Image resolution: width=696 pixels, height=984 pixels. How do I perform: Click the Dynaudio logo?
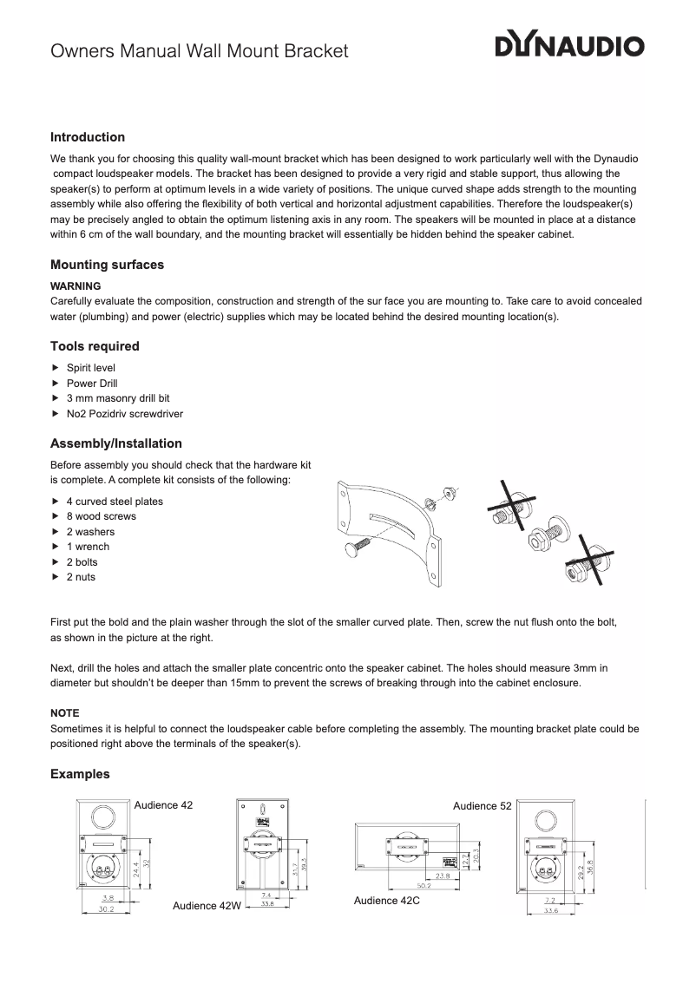tap(569, 46)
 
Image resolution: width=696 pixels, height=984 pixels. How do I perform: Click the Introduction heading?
tap(88, 137)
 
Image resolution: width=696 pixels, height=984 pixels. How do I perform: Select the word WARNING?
tap(76, 285)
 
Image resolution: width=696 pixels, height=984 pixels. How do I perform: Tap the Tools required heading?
tap(95, 346)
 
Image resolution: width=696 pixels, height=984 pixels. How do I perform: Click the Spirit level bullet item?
tap(91, 368)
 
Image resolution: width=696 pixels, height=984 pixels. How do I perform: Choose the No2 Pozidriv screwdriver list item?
tap(124, 414)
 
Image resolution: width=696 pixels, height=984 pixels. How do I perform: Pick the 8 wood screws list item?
tap(101, 516)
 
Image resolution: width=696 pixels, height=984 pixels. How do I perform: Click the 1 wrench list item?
tap(88, 547)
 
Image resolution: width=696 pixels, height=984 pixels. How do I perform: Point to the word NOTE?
tap(65, 712)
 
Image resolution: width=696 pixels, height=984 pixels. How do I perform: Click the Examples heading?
tap(80, 773)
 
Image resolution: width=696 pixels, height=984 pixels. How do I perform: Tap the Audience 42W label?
tap(206, 906)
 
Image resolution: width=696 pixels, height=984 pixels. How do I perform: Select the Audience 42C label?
tap(386, 901)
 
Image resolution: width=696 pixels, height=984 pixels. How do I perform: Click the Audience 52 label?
tap(482, 806)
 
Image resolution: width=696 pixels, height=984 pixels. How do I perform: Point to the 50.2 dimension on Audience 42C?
tap(424, 886)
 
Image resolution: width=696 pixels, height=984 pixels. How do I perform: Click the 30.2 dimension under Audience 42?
tap(106, 910)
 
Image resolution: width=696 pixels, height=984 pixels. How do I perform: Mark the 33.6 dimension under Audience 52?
tap(550, 911)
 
